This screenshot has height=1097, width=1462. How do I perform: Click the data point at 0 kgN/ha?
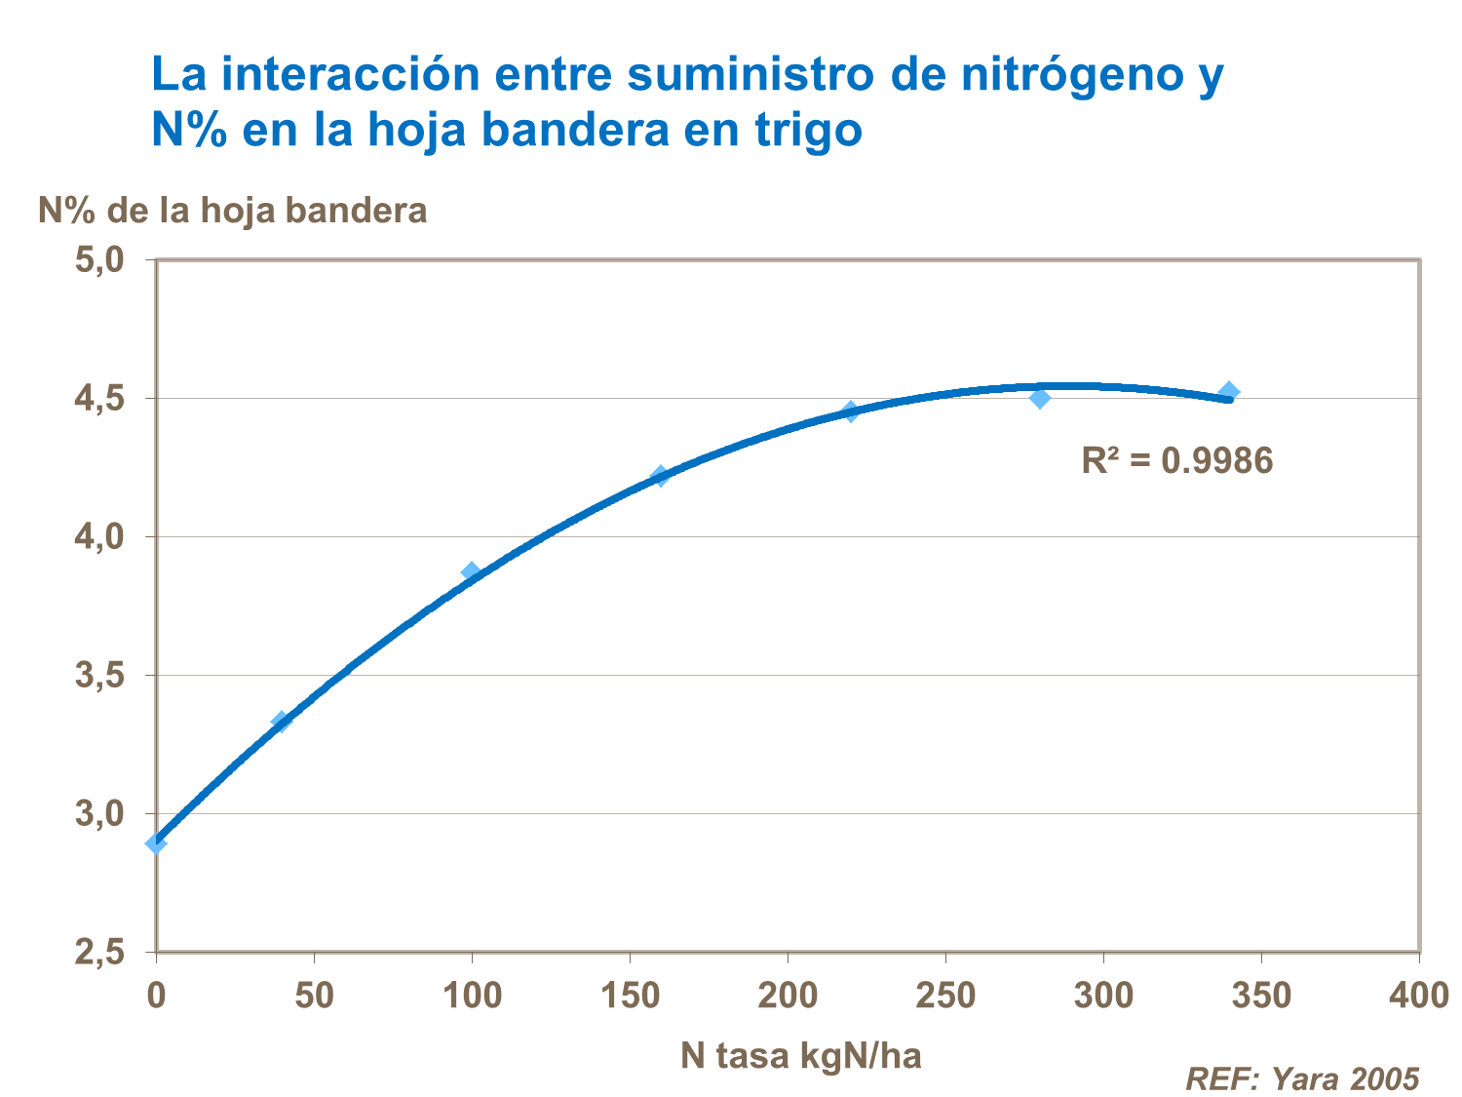[156, 842]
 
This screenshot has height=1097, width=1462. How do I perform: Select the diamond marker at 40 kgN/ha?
[282, 722]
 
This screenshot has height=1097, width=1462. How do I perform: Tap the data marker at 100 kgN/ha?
[472, 572]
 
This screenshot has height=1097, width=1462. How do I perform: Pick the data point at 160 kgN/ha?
[661, 476]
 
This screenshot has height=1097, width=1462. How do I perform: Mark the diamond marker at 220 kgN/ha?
[851, 411]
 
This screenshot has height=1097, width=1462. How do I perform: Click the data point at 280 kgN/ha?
[1040, 398]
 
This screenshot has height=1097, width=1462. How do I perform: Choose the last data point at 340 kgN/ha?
[1230, 392]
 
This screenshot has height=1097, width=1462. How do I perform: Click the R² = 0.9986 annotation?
[1176, 460]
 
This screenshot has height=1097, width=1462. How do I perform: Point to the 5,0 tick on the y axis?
[100, 260]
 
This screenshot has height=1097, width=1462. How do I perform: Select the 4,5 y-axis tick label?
[100, 399]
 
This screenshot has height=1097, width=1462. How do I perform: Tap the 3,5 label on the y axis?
[100, 676]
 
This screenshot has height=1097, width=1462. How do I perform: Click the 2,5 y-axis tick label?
[100, 953]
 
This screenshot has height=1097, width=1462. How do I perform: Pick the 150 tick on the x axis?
[630, 996]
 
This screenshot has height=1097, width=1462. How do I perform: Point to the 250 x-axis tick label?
[945, 996]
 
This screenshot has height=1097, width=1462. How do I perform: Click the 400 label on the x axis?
[1418, 996]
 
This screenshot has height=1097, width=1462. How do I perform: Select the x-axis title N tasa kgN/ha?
[800, 1055]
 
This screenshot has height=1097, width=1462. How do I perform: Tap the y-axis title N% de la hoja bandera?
[232, 210]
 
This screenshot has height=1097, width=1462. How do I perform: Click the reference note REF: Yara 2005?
[1301, 1078]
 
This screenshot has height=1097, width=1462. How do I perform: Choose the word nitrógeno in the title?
[1067, 75]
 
